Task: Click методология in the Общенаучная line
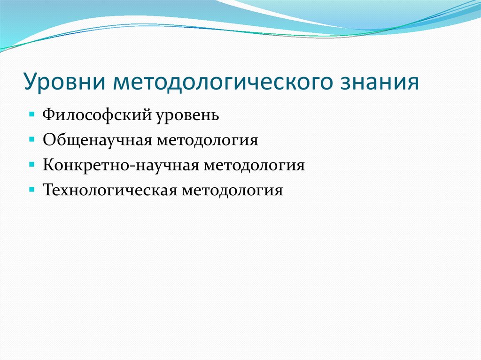tap(208, 140)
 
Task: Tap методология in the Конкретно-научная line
tap(255, 166)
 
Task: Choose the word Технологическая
tap(108, 191)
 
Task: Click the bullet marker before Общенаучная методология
tap(31, 140)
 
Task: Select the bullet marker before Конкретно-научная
tap(31, 165)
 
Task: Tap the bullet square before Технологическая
tap(31, 190)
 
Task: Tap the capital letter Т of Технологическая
tap(47, 191)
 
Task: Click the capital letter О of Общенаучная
tap(48, 140)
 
